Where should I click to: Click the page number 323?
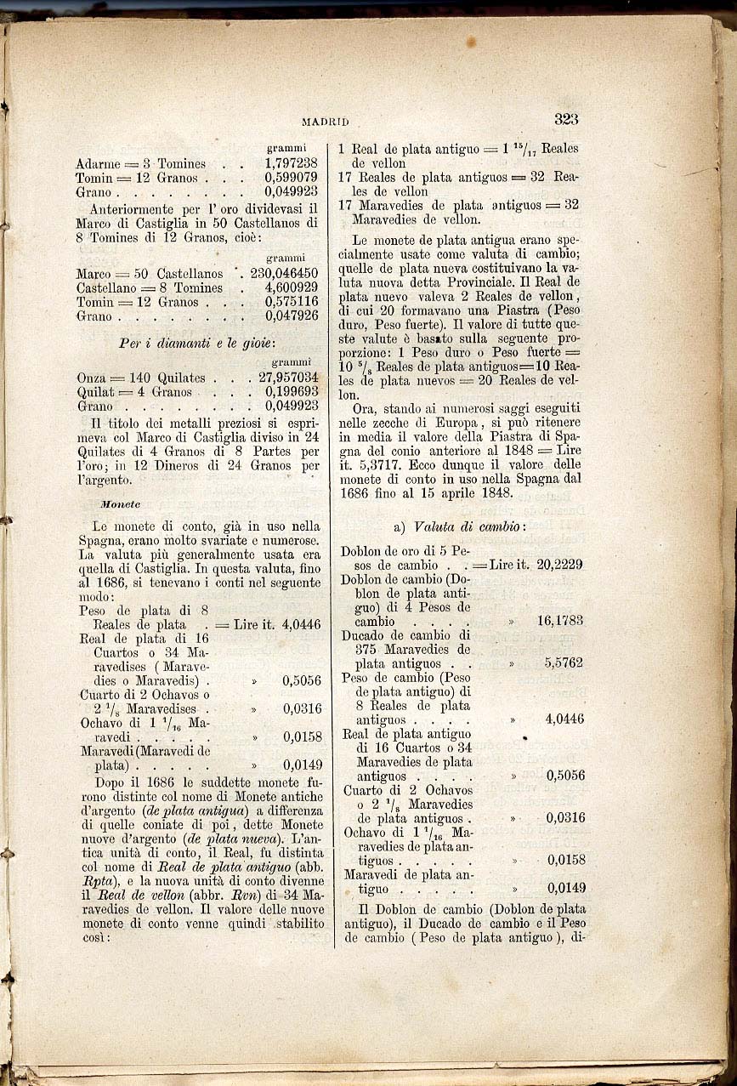(x=565, y=119)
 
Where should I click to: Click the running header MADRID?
(x=325, y=122)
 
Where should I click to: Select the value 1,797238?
(x=291, y=163)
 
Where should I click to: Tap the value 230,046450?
(x=284, y=273)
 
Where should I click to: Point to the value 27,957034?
(x=288, y=377)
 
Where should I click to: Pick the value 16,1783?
(x=560, y=621)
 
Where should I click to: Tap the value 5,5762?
(x=564, y=662)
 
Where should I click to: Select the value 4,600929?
(x=291, y=287)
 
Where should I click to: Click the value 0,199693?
(x=291, y=391)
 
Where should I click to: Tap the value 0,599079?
(x=291, y=178)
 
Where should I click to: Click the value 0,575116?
(x=291, y=302)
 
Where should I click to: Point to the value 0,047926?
(x=291, y=316)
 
